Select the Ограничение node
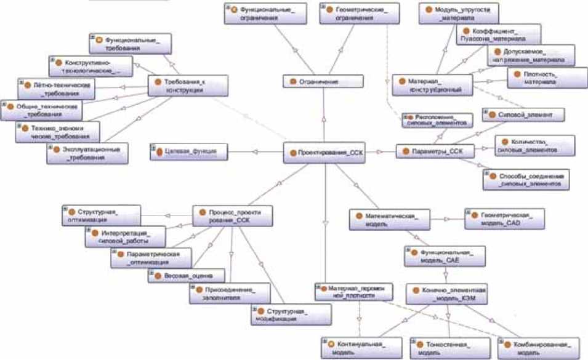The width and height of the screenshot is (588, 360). pyautogui.click(x=315, y=81)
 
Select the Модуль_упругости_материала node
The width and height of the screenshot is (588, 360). pyautogui.click(x=458, y=14)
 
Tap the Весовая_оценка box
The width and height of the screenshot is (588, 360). pyautogui.click(x=187, y=276)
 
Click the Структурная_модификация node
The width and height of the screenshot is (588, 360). pyautogui.click(x=291, y=314)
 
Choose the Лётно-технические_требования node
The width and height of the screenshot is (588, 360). pyautogui.click(x=56, y=89)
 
